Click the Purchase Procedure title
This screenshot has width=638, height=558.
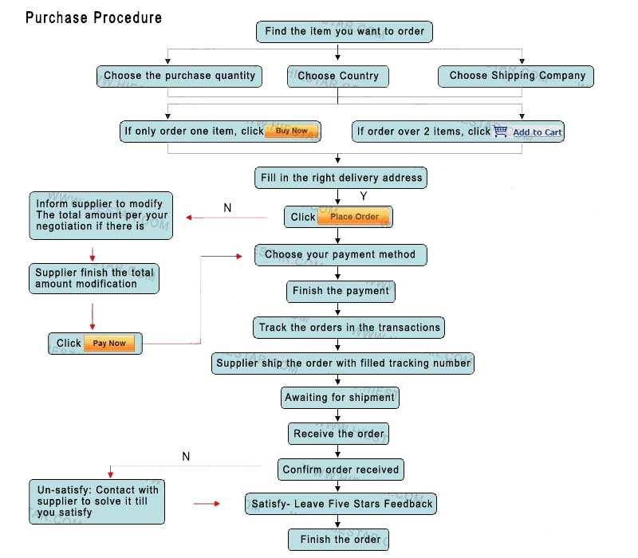93,18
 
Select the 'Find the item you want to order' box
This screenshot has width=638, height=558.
345,32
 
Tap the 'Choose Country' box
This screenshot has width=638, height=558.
337,77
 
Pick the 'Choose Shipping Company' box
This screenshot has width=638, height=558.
516,77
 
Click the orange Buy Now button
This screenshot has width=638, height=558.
291,131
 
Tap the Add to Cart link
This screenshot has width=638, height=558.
537,132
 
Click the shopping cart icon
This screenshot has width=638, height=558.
500,131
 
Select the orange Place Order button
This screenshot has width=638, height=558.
354,217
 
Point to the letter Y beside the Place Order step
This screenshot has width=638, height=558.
364,196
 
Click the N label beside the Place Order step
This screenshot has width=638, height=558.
227,208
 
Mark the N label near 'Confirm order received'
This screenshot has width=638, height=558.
186,457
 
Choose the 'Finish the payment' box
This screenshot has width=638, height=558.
341,292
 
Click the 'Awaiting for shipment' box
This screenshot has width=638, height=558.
340,398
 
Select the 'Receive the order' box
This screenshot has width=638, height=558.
338,434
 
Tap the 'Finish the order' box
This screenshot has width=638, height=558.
338,540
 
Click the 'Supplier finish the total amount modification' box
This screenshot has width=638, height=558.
94,278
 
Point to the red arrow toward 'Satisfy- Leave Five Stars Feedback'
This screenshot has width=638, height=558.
207,504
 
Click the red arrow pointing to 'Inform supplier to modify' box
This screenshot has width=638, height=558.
226,218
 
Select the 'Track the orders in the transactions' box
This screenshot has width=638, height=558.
349,328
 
